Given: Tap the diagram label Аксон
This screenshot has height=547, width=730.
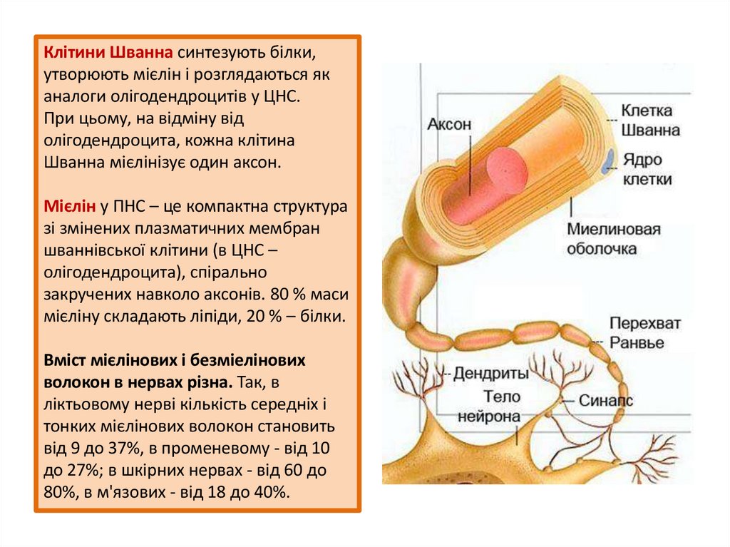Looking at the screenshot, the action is pos(449,124).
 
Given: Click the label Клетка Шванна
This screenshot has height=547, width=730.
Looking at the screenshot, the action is pos(650,121).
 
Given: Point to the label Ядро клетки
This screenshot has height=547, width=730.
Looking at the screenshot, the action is pos(647,169).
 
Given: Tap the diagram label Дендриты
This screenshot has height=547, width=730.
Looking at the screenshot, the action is pos(491,373).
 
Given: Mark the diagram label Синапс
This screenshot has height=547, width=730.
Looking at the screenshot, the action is pos(605,402).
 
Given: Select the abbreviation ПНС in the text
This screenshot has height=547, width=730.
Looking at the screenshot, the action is pos(130,207).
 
